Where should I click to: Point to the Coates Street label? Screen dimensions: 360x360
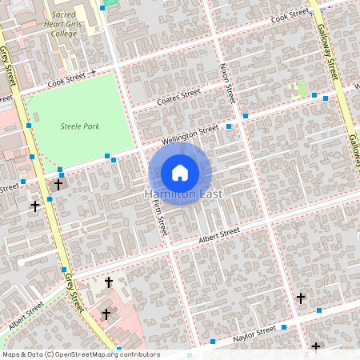(178, 95)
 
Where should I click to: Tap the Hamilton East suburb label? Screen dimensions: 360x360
(184, 194)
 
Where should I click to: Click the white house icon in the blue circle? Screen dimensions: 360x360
(180, 172)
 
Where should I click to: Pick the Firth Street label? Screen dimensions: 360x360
(158, 218)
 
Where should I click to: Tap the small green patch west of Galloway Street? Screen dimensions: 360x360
(302, 87)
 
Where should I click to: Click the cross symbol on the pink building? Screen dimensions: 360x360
(106, 314)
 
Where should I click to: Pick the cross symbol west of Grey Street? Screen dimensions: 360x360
(34, 206)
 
